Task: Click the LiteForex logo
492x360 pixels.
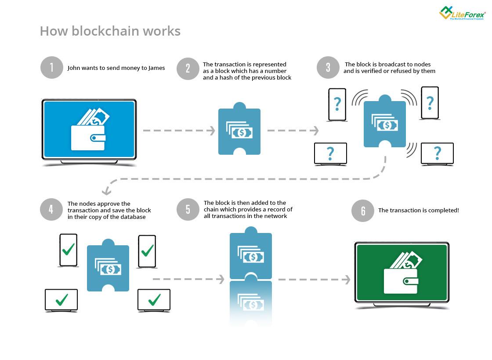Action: pyautogui.click(x=462, y=13)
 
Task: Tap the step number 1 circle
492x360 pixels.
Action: pyautogui.click(x=52, y=68)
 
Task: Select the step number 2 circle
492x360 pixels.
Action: pyautogui.click(x=188, y=68)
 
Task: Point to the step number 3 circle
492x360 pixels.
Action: pyautogui.click(x=328, y=68)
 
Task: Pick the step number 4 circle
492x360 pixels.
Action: pyautogui.click(x=51, y=210)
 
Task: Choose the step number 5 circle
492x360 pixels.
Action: pyautogui.click(x=188, y=209)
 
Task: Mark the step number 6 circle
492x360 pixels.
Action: pyautogui.click(x=363, y=211)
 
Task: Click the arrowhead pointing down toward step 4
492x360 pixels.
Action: pyautogui.click(x=106, y=191)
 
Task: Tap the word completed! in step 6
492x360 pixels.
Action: pyautogui.click(x=443, y=211)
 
